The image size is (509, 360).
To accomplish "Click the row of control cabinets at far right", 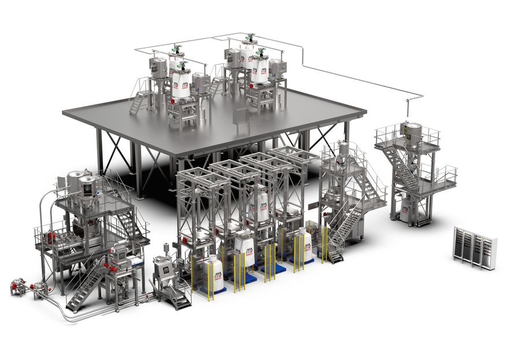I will pos(475,247).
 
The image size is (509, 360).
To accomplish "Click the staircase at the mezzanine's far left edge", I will pos(139,102).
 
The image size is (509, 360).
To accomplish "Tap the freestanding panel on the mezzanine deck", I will pos(239,119).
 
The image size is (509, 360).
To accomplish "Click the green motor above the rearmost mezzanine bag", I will pos(250,39).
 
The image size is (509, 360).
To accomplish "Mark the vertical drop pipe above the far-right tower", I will pos(409,108).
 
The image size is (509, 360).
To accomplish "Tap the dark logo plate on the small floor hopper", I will pos(165,270).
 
